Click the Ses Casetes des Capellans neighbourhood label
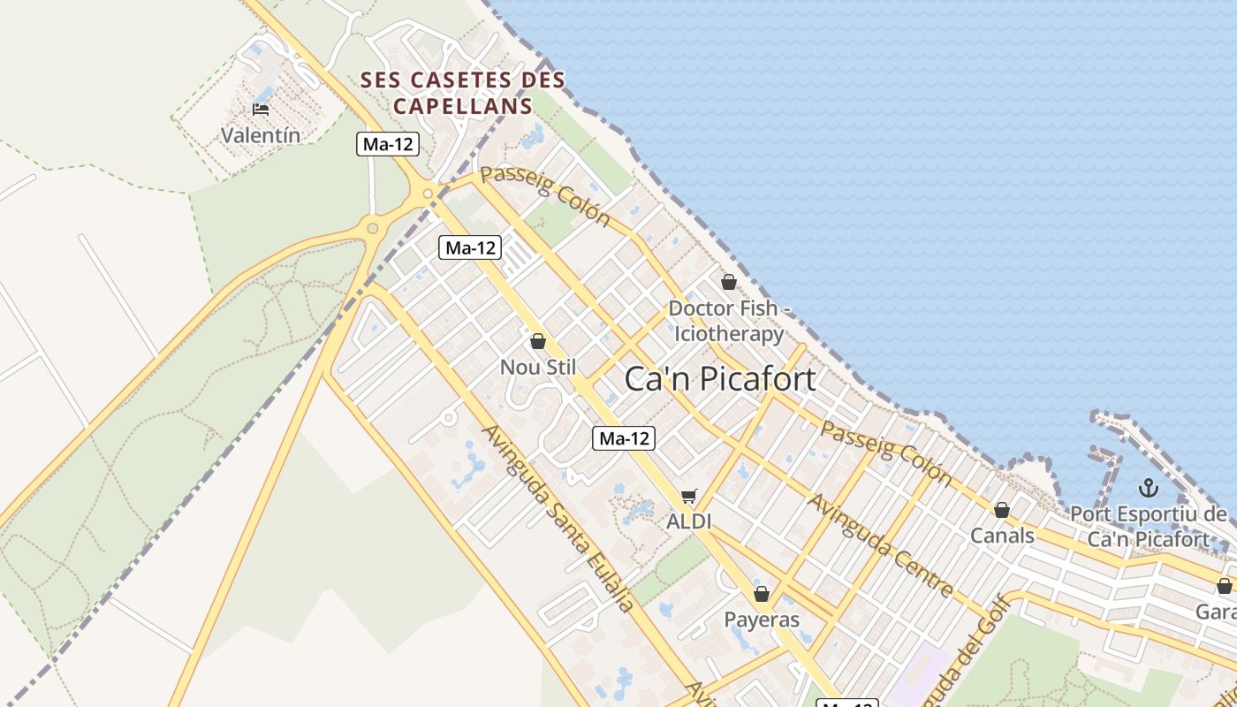tap(463, 93)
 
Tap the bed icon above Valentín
tap(261, 110)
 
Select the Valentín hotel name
tap(261, 135)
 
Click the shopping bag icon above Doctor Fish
tap(729, 282)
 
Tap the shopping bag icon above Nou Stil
tap(538, 341)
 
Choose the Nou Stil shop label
tap(538, 367)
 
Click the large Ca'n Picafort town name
tap(720, 379)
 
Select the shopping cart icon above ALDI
tap(689, 497)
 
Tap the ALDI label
tap(689, 521)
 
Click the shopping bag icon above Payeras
tap(762, 594)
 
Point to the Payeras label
tap(762, 620)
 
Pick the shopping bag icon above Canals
tap(1002, 510)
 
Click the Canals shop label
tap(1002, 536)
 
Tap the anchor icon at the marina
tap(1148, 488)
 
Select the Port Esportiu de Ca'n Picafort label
tap(1148, 527)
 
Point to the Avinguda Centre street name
tap(881, 545)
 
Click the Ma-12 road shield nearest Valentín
tap(387, 144)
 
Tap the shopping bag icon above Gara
tap(1225, 586)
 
